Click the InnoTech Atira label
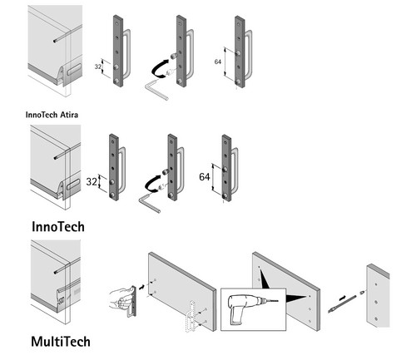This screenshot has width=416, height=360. tap(52, 115)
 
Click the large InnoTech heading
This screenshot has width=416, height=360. tap(58, 227)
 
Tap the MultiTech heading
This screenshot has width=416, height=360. tap(61, 342)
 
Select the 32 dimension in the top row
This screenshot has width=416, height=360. tap(98, 67)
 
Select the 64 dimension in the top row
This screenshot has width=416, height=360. tap(218, 62)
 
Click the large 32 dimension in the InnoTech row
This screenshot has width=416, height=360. tap(92, 182)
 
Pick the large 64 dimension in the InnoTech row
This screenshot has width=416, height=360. tap(205, 177)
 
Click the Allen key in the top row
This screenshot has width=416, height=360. tap(156, 89)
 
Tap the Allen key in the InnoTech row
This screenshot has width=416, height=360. tap(148, 203)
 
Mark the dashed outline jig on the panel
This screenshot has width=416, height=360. tap(191, 316)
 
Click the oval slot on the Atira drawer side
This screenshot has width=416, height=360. tap(74, 69)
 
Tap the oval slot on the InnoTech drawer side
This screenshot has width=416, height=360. tap(73, 185)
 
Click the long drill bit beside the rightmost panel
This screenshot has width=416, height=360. tap(342, 304)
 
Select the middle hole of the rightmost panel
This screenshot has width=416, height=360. tap(375, 302)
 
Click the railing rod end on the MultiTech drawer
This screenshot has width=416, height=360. tap(56, 272)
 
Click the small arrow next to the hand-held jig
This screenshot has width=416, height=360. tap(141, 287)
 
